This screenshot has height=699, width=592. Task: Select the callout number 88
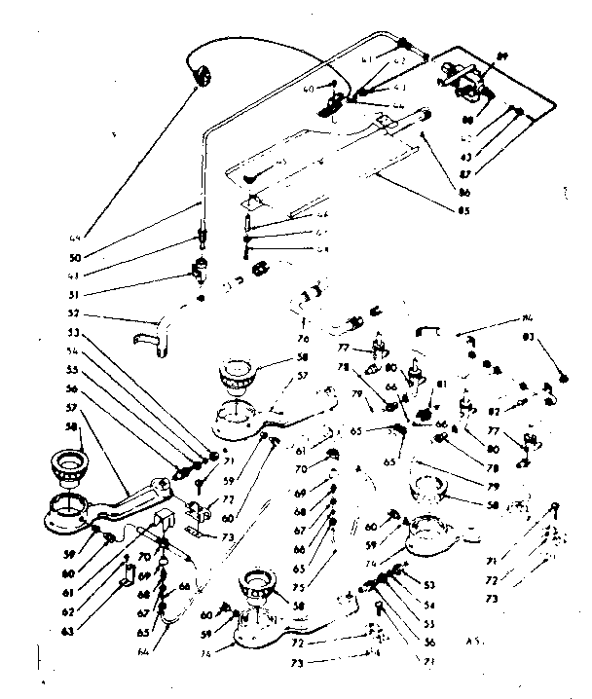(468, 121)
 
